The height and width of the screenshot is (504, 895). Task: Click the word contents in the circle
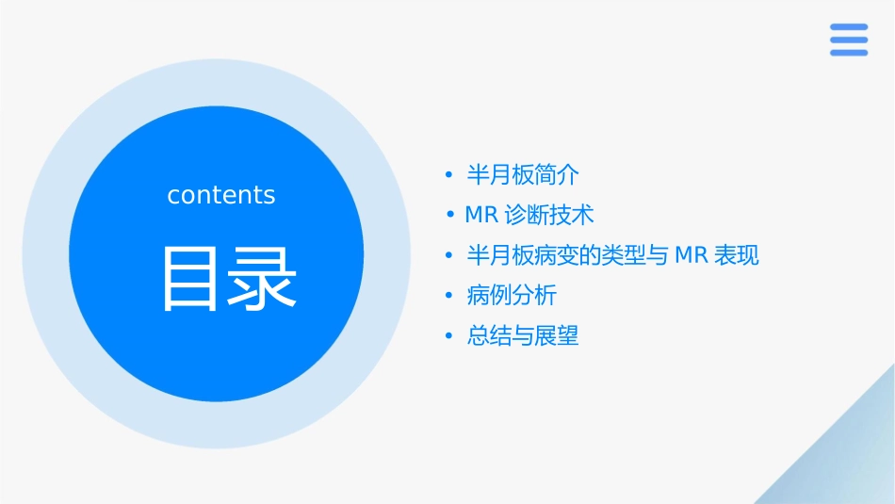(221, 195)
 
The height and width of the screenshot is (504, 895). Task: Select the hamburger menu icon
(849, 40)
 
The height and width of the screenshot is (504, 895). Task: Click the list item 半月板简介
(523, 174)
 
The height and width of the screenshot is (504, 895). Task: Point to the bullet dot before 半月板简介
(449, 175)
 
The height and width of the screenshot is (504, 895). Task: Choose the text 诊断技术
(550, 215)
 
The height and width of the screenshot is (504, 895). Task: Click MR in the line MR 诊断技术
(481, 215)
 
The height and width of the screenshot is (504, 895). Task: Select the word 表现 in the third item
(737, 255)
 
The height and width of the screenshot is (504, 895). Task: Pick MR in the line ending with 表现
(692, 255)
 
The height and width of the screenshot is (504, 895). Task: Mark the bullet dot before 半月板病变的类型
(449, 256)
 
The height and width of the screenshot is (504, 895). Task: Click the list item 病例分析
(512, 296)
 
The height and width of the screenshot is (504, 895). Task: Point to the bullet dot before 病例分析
(449, 297)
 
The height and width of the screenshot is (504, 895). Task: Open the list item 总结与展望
(523, 336)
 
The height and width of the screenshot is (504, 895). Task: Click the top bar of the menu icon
(849, 27)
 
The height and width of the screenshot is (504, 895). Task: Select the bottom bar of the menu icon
(849, 53)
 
